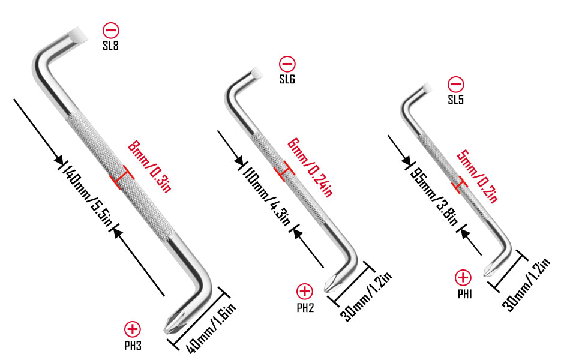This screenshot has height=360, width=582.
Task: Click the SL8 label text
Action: [x=110, y=46]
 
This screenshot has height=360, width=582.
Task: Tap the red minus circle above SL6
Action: [x=287, y=64]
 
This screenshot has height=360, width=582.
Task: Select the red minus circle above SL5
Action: [x=456, y=84]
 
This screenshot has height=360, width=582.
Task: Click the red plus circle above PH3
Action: [x=133, y=329]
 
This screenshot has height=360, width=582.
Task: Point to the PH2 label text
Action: [x=305, y=308]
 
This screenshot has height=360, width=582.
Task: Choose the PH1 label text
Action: [x=465, y=295]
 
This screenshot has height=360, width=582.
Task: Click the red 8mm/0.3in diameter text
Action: [x=149, y=167]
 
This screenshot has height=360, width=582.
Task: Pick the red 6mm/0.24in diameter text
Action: [x=310, y=167]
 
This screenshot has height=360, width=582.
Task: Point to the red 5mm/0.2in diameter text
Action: [x=477, y=176]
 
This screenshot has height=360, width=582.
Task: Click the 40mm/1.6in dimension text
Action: [x=211, y=328]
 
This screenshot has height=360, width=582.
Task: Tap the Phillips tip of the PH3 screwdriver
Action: [x=173, y=323]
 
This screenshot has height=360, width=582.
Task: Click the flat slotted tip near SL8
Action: [x=79, y=35]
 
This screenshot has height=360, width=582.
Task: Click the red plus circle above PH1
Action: [x=463, y=278]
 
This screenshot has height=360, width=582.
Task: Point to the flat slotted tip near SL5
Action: [x=427, y=88]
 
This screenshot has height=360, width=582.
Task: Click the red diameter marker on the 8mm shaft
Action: [x=121, y=178]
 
